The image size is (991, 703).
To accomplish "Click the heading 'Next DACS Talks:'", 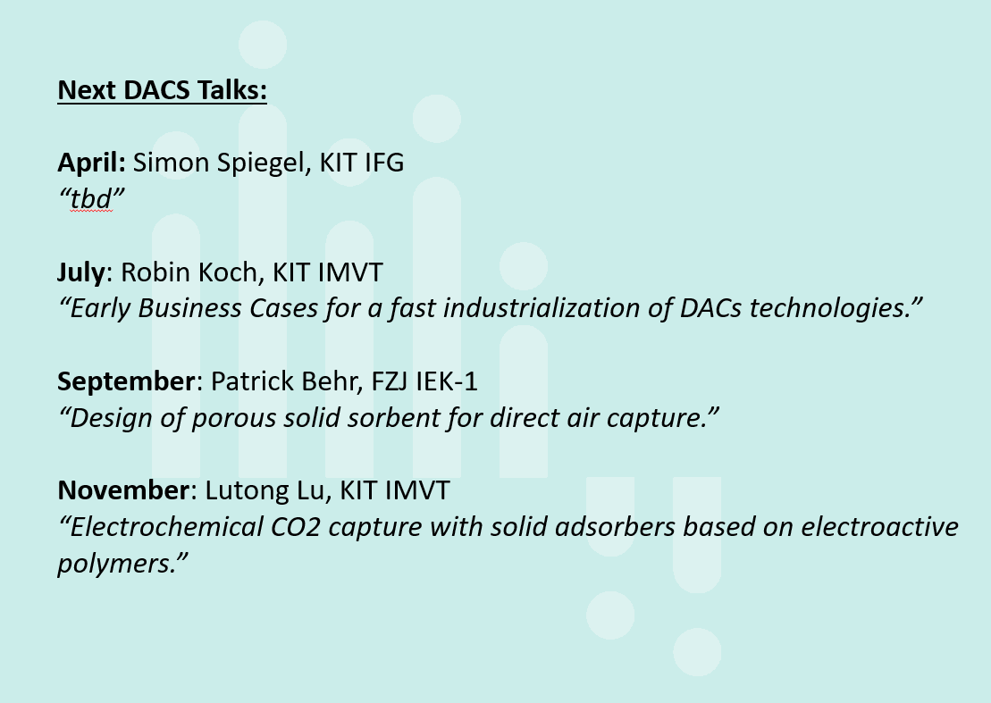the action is click(x=163, y=90).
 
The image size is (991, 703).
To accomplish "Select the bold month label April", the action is click(x=92, y=163).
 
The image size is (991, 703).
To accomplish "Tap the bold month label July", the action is click(x=81, y=272).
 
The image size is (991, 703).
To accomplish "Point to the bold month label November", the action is click(x=123, y=490).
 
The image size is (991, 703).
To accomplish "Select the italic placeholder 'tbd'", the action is click(x=92, y=199).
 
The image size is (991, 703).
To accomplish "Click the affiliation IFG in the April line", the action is click(x=384, y=163).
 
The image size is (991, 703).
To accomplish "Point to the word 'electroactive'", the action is click(x=880, y=527).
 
